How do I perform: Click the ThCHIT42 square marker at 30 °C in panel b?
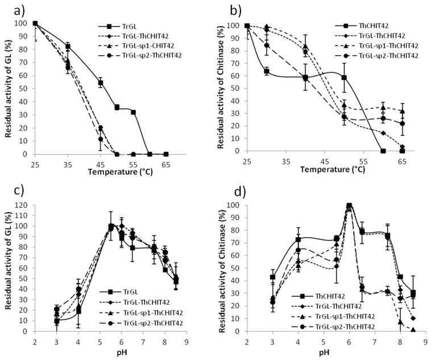tap(266, 72)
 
